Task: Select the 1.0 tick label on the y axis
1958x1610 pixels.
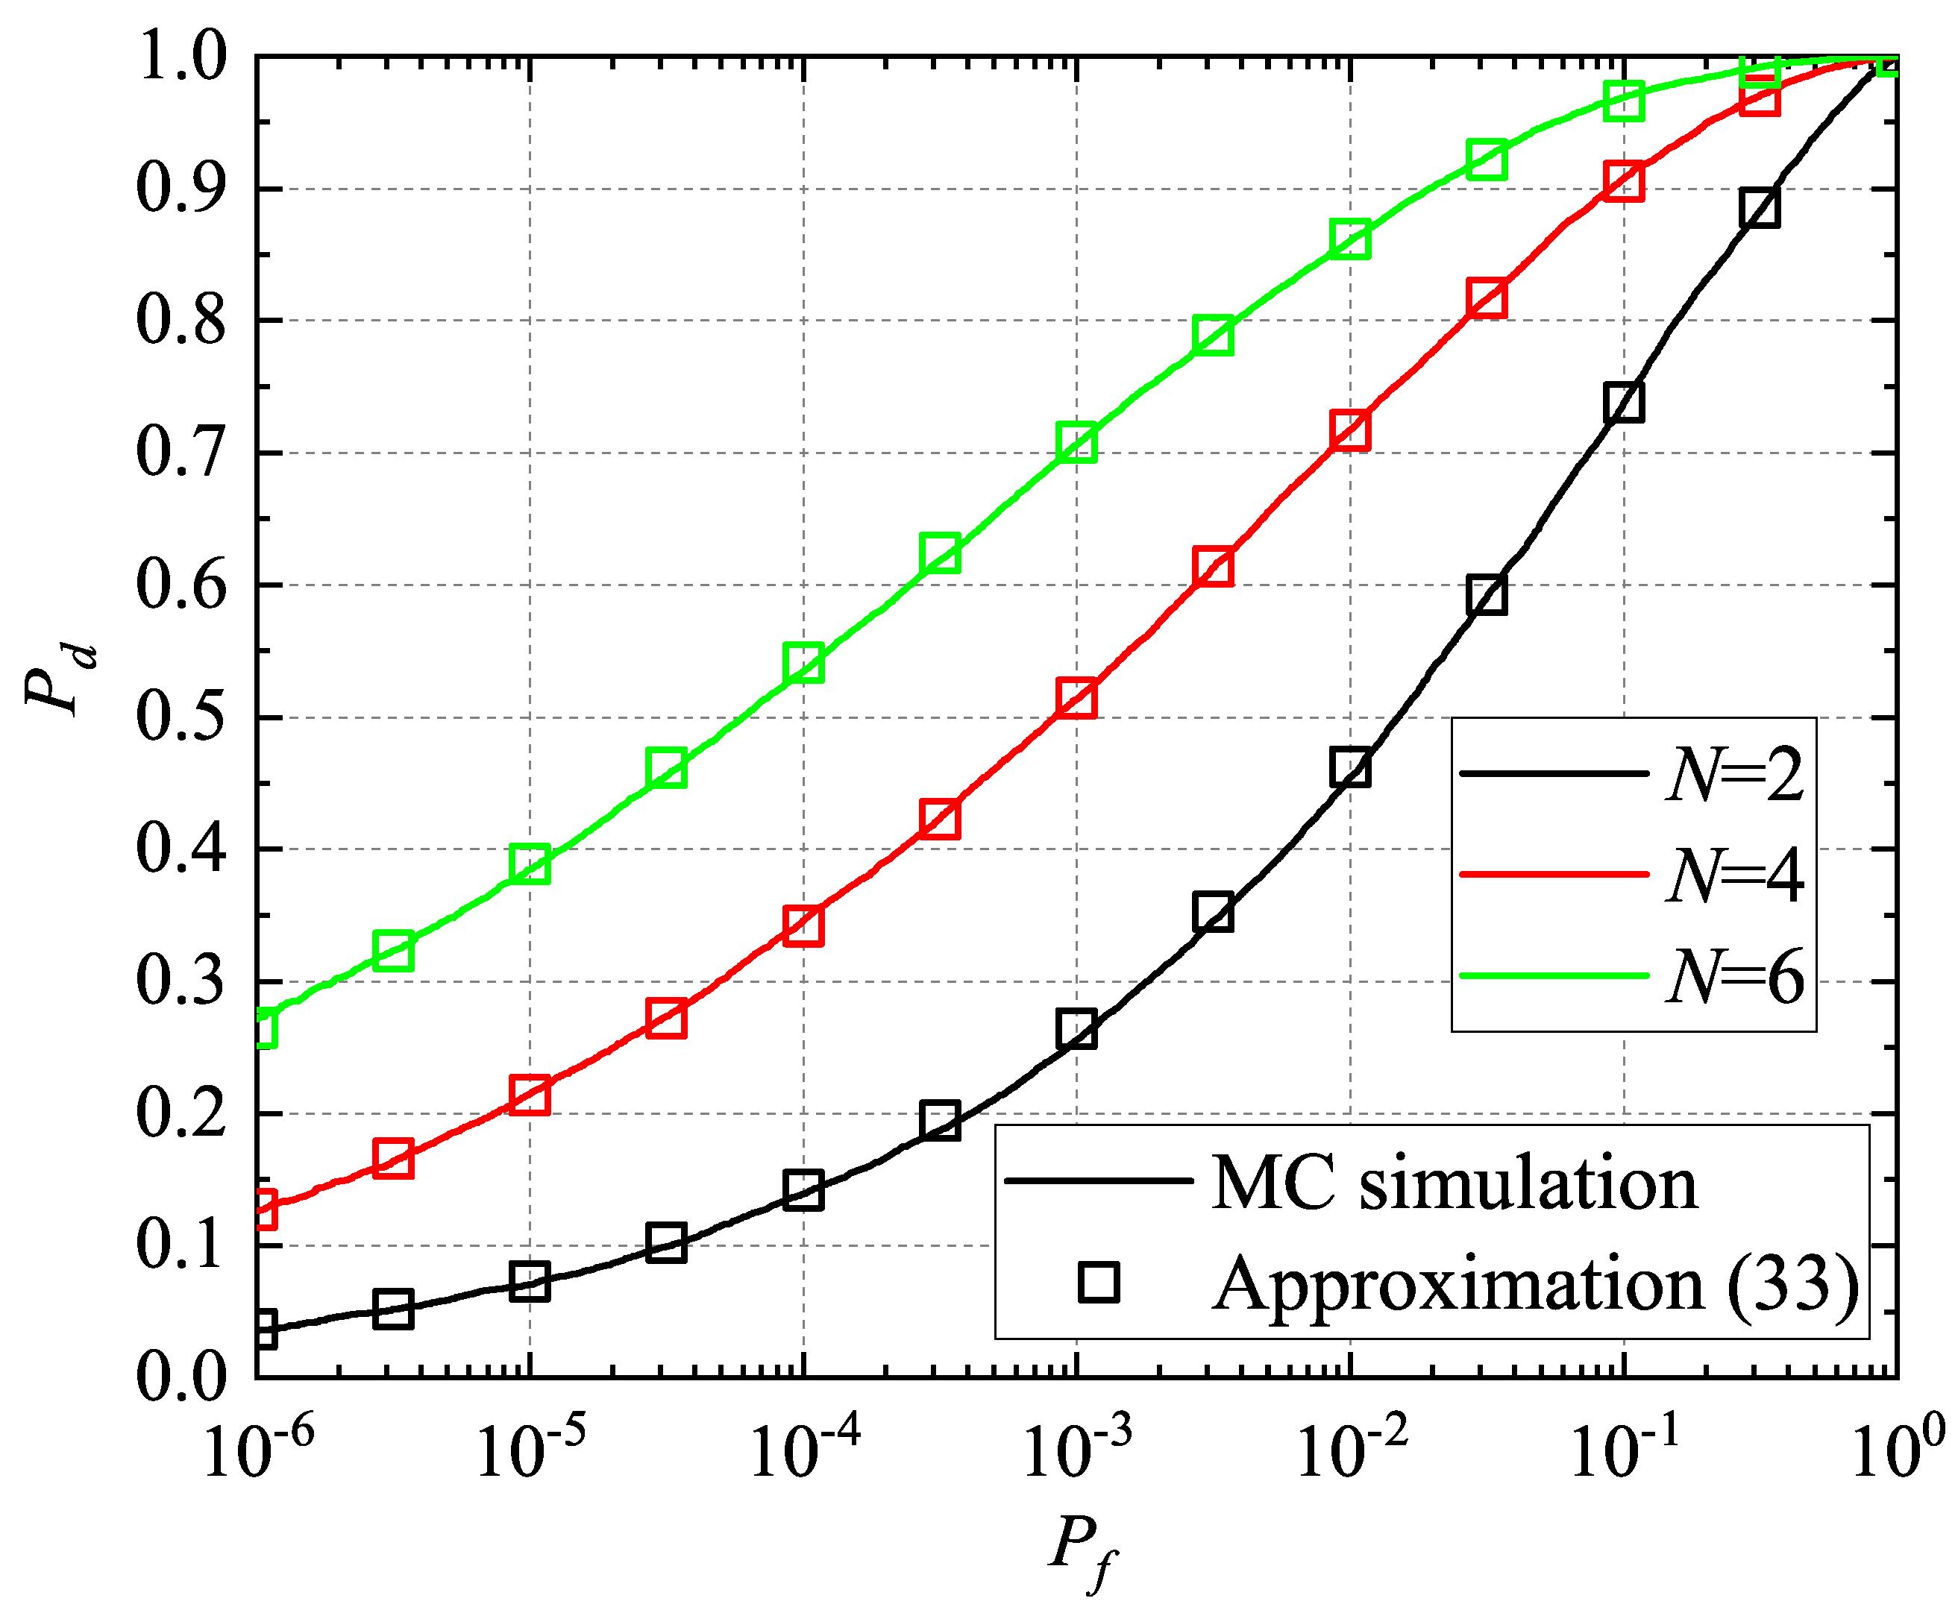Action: coord(181,57)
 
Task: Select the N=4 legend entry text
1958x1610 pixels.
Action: coord(1734,876)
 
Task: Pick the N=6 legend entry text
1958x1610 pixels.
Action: coord(1734,977)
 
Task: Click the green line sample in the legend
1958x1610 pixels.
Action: coord(1554,975)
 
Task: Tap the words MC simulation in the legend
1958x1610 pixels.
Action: coord(1455,1184)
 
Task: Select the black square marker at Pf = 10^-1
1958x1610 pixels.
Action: coord(1623,403)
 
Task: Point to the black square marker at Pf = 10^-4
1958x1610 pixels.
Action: coord(803,1190)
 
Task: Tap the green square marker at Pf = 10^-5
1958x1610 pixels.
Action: coord(530,864)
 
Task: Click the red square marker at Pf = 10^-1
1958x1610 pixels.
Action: coord(1623,181)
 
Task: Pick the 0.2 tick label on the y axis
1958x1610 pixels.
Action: coord(181,1114)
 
